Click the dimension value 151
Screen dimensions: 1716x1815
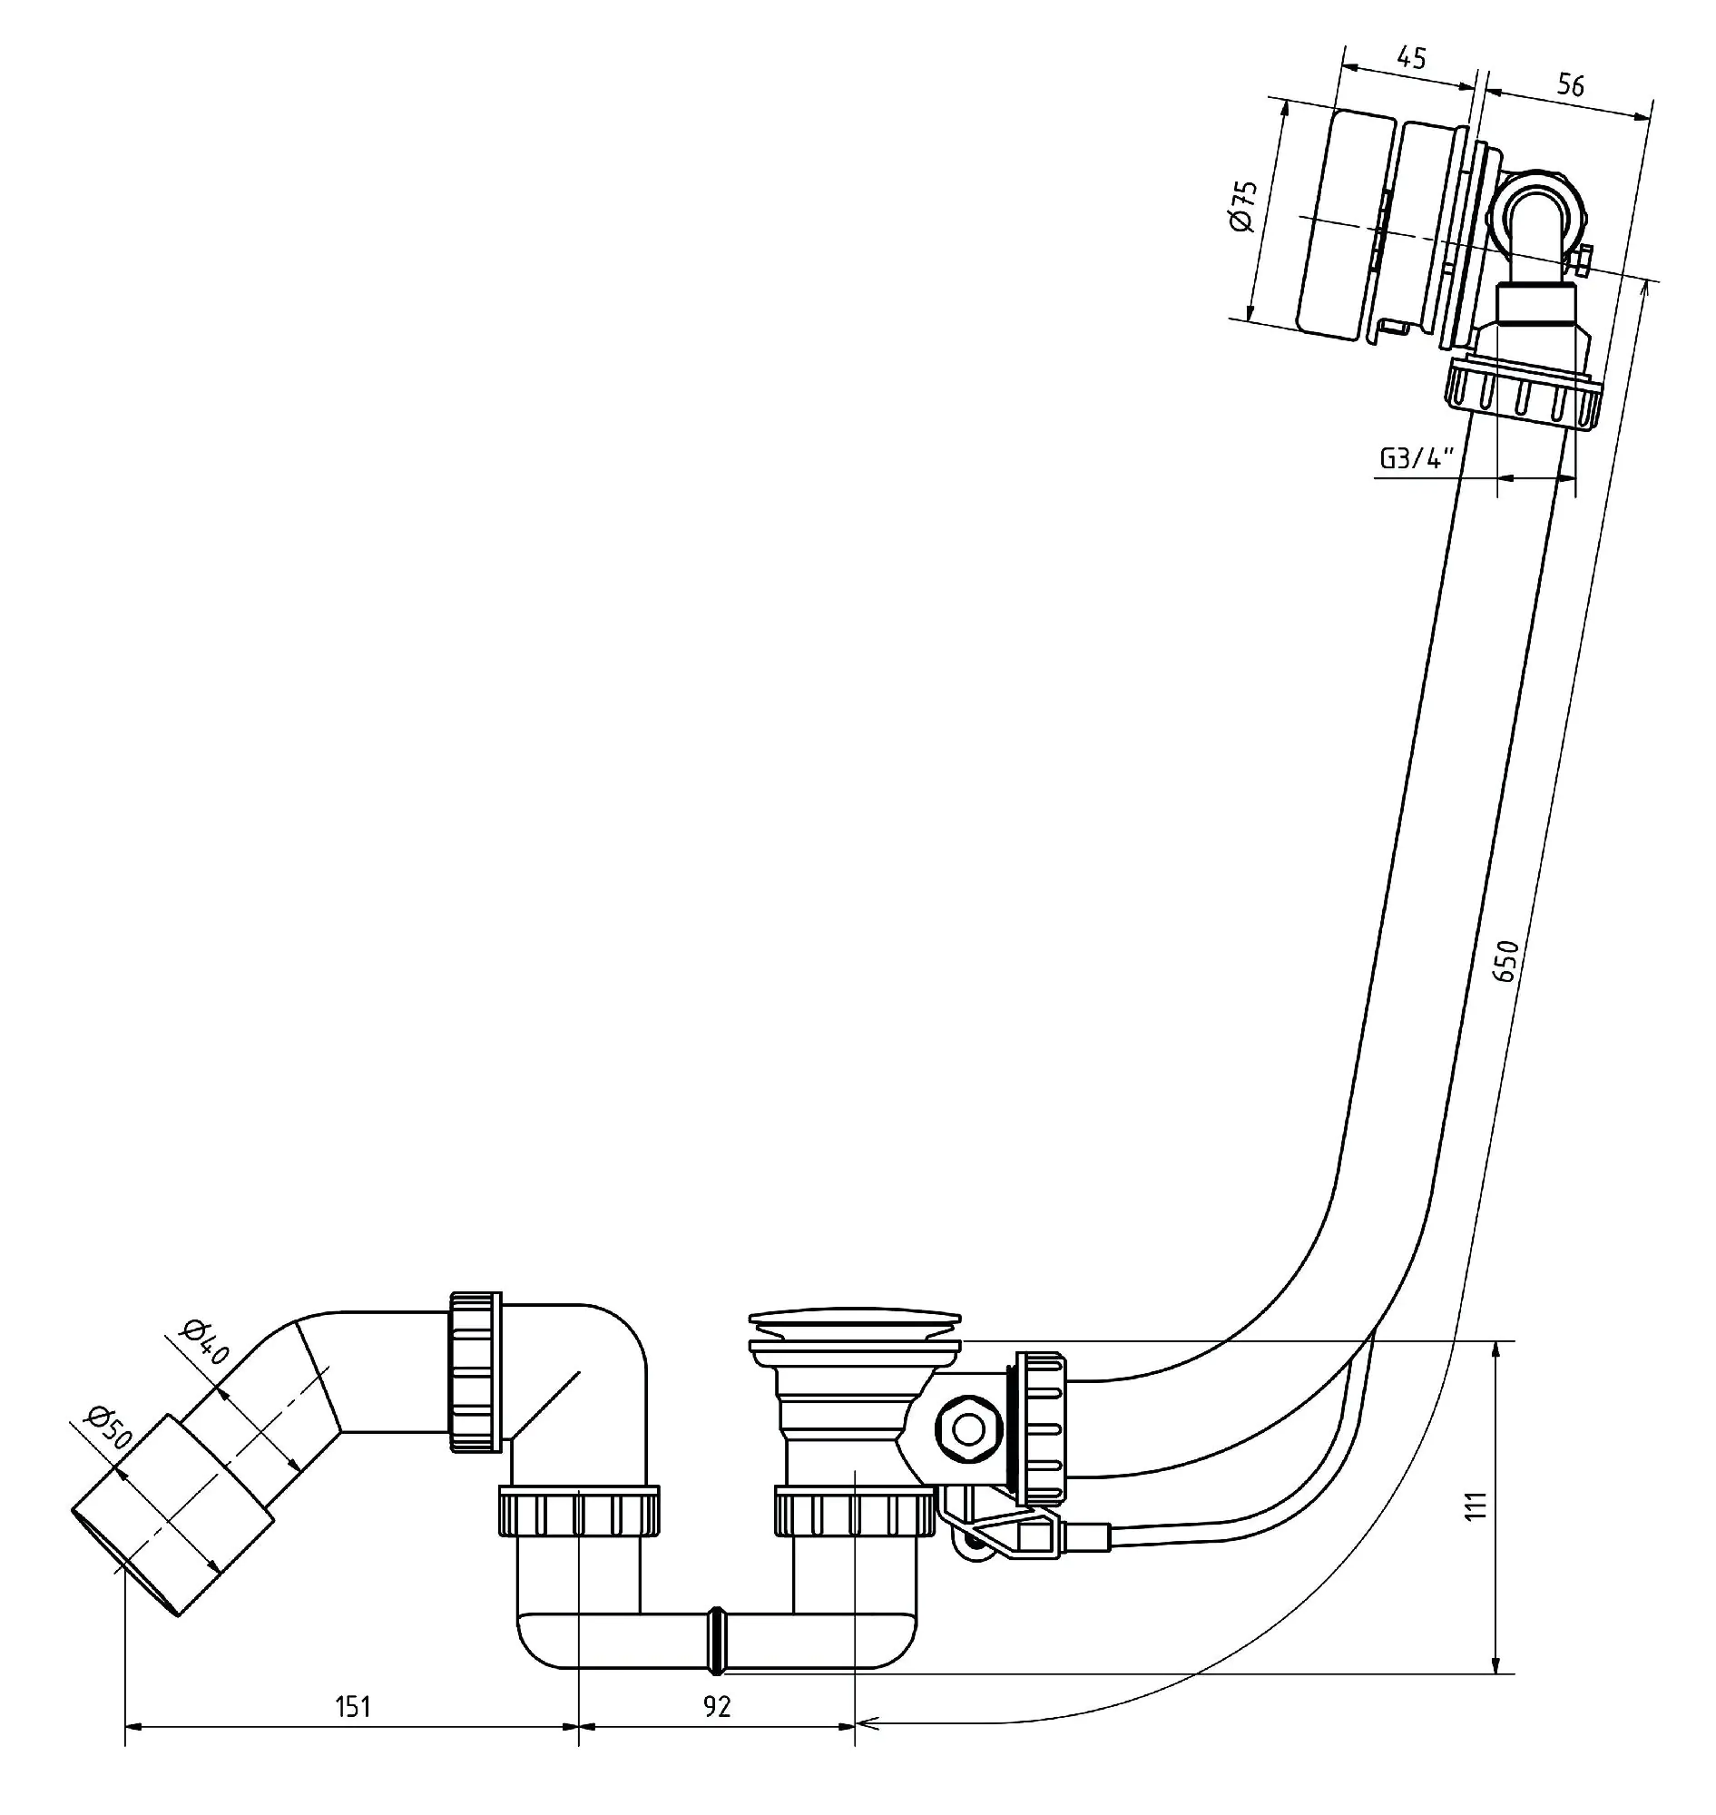point(353,1708)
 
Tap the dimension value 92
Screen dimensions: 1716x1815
point(718,1707)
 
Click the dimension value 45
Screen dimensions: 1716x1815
point(1411,58)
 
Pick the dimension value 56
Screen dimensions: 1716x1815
point(1570,85)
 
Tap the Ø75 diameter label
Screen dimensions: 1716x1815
point(1245,206)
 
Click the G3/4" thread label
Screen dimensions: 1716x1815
point(1417,458)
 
